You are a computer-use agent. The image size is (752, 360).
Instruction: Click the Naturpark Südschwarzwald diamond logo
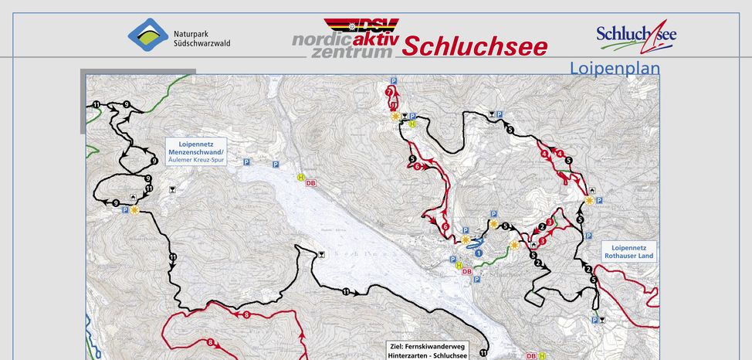click(147, 34)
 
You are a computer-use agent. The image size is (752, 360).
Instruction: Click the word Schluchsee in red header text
click(474, 46)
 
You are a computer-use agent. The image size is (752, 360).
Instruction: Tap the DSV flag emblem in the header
click(351, 26)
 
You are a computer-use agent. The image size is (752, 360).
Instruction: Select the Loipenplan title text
click(615, 68)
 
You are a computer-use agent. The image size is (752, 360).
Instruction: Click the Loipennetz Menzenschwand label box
click(195, 151)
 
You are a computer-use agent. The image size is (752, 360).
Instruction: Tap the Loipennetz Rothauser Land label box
click(628, 252)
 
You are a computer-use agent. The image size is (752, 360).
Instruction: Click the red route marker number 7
click(388, 91)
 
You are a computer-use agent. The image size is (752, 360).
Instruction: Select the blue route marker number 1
click(479, 253)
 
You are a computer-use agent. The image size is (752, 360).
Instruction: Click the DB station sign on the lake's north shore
click(311, 183)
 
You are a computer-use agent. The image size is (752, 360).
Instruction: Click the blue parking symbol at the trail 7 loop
click(393, 81)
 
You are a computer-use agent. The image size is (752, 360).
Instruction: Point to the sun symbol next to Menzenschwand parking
click(134, 209)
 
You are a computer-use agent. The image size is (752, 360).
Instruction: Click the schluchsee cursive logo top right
click(636, 35)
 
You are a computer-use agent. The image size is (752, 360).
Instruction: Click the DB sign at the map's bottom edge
click(530, 356)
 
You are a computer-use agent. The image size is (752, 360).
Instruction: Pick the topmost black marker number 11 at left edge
click(96, 104)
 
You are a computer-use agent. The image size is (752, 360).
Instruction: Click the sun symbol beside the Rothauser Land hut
click(589, 200)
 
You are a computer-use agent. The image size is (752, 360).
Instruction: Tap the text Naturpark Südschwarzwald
click(202, 39)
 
